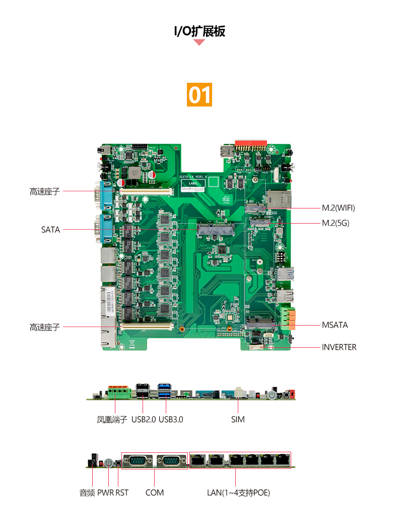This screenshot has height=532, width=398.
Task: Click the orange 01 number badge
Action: click(199, 95)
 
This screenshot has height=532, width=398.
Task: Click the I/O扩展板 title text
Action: click(199, 31)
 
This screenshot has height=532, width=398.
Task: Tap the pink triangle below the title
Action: click(199, 42)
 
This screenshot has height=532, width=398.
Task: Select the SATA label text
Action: click(50, 230)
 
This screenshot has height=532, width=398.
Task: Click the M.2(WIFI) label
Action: click(339, 207)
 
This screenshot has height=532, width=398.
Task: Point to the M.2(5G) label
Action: click(336, 223)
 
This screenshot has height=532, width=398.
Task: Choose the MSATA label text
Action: click(335, 325)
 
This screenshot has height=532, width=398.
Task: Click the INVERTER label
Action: click(339, 347)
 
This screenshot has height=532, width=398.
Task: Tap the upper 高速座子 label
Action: click(45, 192)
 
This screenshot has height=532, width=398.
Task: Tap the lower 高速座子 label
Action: click(45, 327)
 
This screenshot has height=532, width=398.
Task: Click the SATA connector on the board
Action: click(216, 230)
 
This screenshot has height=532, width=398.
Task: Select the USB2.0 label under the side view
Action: click(144, 420)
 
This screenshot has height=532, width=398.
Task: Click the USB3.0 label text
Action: click(171, 420)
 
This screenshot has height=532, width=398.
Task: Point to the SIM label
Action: click(238, 420)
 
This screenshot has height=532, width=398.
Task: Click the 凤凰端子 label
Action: click(112, 420)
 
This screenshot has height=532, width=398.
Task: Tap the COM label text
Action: click(155, 493)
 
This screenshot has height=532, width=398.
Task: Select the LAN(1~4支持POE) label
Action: click(238, 493)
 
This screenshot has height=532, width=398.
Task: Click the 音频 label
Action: click(87, 493)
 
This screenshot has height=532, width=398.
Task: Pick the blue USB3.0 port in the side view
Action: click(165, 391)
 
